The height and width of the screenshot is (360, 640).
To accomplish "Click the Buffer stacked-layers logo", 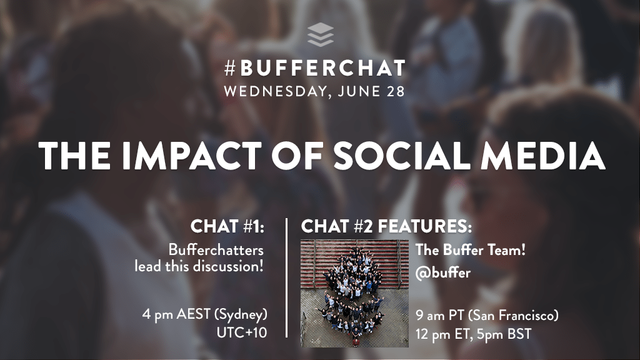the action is tap(321, 35).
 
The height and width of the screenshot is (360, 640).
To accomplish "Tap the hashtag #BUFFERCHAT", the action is tap(315, 68).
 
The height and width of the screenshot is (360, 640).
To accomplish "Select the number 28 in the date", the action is tap(395, 91).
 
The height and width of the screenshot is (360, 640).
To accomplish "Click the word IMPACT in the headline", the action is tap(191, 156).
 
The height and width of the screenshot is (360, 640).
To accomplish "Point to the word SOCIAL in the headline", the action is tap(402, 156).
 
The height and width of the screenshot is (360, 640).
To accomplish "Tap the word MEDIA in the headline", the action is tap(543, 156).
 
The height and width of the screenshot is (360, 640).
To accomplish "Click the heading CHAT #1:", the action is tap(227, 226).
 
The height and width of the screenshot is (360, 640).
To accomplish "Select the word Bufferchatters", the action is tap(216, 250).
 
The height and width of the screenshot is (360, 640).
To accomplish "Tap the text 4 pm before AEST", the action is tap(157, 314).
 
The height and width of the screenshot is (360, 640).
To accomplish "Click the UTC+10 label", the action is tap(242, 332).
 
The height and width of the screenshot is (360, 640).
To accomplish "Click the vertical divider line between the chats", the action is tap(286, 278).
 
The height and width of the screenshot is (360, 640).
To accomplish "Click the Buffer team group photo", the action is tap(354, 293).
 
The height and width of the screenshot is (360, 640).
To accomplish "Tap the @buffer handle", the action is tap(443, 272).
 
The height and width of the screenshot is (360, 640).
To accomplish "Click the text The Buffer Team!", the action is tap(471, 250).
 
